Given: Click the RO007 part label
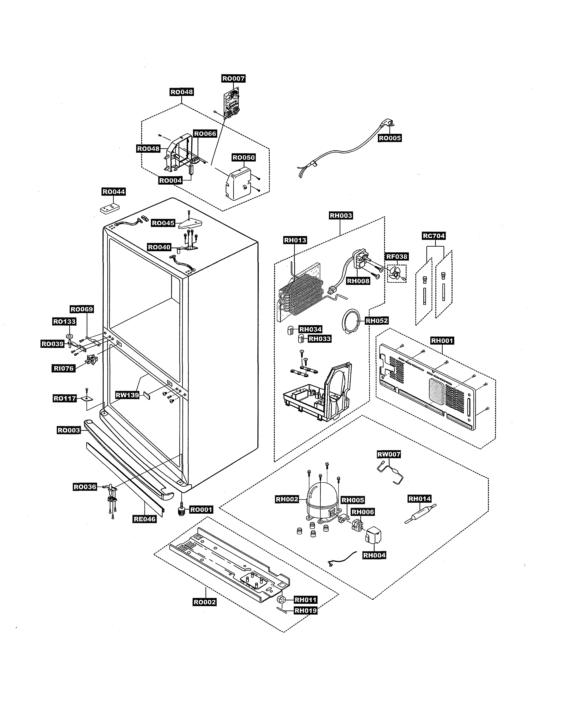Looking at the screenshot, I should coord(233,79).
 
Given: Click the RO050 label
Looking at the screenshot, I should coord(244,158).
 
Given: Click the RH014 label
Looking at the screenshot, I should coord(419,498).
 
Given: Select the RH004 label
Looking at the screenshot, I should coord(374,555).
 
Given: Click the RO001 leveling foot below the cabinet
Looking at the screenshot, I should coord(181,510).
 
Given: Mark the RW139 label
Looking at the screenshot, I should coord(127,395).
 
